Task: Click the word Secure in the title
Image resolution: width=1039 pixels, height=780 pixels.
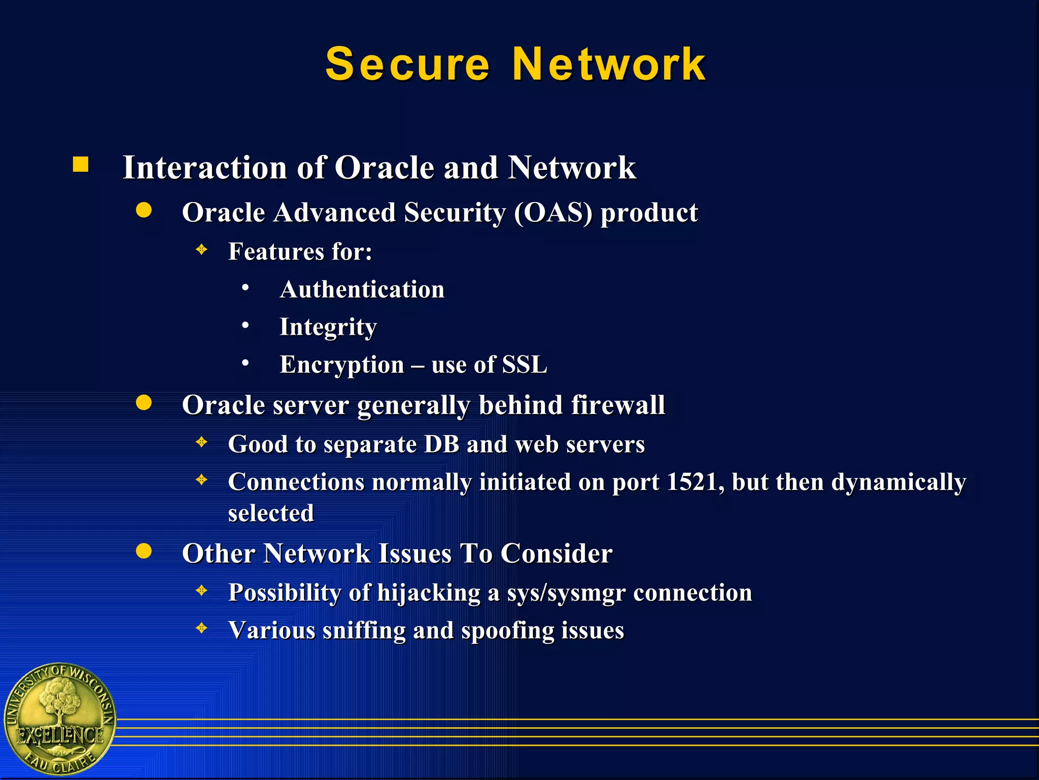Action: pyautogui.click(x=407, y=64)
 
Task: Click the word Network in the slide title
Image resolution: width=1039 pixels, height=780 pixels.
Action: pyautogui.click(x=609, y=64)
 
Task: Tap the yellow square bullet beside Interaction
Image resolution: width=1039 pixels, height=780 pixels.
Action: pyautogui.click(x=81, y=165)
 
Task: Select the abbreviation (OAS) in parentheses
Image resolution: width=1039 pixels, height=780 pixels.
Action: pyautogui.click(x=553, y=212)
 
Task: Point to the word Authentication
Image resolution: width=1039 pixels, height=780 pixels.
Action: pyautogui.click(x=362, y=289)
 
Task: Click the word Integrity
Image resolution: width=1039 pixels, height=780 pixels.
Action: pyautogui.click(x=328, y=327)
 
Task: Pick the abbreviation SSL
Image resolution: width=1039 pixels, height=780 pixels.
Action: pyautogui.click(x=525, y=365)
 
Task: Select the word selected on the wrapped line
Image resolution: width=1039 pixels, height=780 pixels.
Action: pyautogui.click(x=271, y=513)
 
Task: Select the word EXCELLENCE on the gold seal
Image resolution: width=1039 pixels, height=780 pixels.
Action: pyautogui.click(x=60, y=735)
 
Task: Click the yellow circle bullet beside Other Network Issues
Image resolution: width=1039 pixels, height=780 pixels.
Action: pyautogui.click(x=144, y=551)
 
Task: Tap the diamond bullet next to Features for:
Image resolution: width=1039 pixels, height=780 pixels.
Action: pyautogui.click(x=202, y=249)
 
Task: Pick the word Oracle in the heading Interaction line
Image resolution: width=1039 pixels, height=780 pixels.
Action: pyautogui.click(x=385, y=168)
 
